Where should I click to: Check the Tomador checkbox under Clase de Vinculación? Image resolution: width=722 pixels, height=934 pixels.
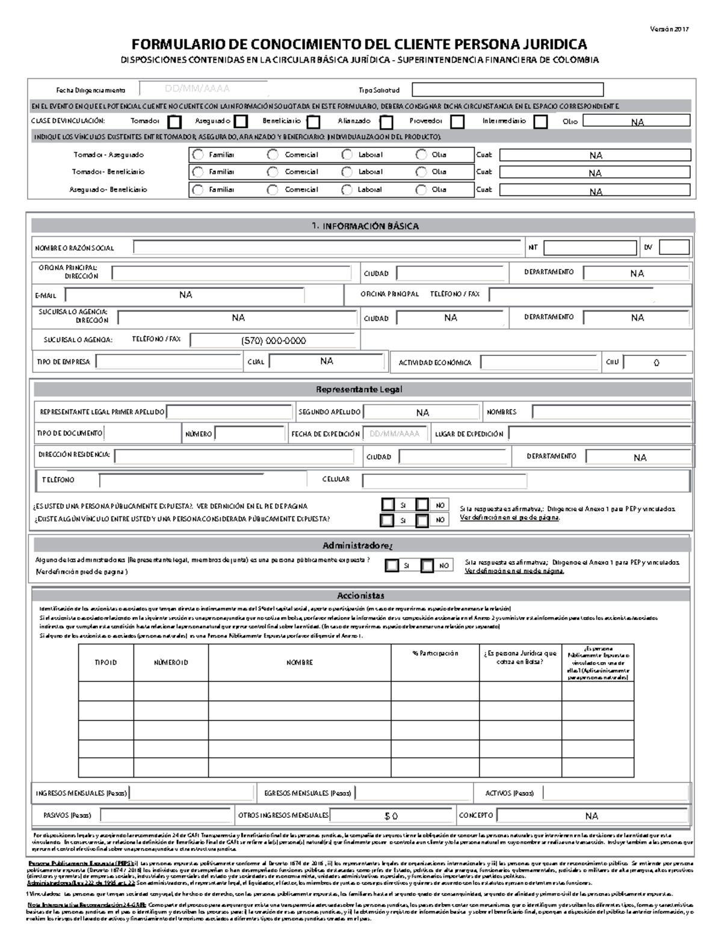pyautogui.click(x=174, y=122)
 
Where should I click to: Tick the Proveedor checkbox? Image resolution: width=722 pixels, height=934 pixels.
pyautogui.click(x=457, y=122)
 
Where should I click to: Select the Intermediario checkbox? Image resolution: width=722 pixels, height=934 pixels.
pyautogui.click(x=540, y=122)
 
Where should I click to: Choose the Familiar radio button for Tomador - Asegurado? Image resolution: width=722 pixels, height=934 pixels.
pyautogui.click(x=198, y=155)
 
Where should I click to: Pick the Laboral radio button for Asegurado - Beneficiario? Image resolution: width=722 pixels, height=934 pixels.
pyautogui.click(x=347, y=189)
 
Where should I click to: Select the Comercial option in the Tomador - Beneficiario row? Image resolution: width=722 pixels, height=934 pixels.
pyautogui.click(x=273, y=172)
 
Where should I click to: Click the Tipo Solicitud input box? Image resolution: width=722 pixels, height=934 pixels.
pyautogui.click(x=507, y=90)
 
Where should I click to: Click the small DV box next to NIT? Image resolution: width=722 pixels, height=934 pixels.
pyautogui.click(x=674, y=247)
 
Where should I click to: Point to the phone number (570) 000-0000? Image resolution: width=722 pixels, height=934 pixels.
pyautogui.click(x=274, y=340)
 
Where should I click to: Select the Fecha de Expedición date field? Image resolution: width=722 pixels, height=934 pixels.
pyautogui.click(x=395, y=434)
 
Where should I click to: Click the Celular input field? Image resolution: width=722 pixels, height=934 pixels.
pyautogui.click(x=444, y=481)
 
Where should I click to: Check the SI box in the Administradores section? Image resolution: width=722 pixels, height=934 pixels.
pyautogui.click(x=392, y=565)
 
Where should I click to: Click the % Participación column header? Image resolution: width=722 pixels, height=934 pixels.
pyautogui.click(x=435, y=653)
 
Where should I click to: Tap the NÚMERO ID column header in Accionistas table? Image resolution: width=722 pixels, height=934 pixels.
pyautogui.click(x=171, y=662)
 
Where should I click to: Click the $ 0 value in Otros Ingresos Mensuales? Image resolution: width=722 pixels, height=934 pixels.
pyautogui.click(x=391, y=816)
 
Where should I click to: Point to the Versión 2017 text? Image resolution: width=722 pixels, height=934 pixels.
pyautogui.click(x=671, y=29)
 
